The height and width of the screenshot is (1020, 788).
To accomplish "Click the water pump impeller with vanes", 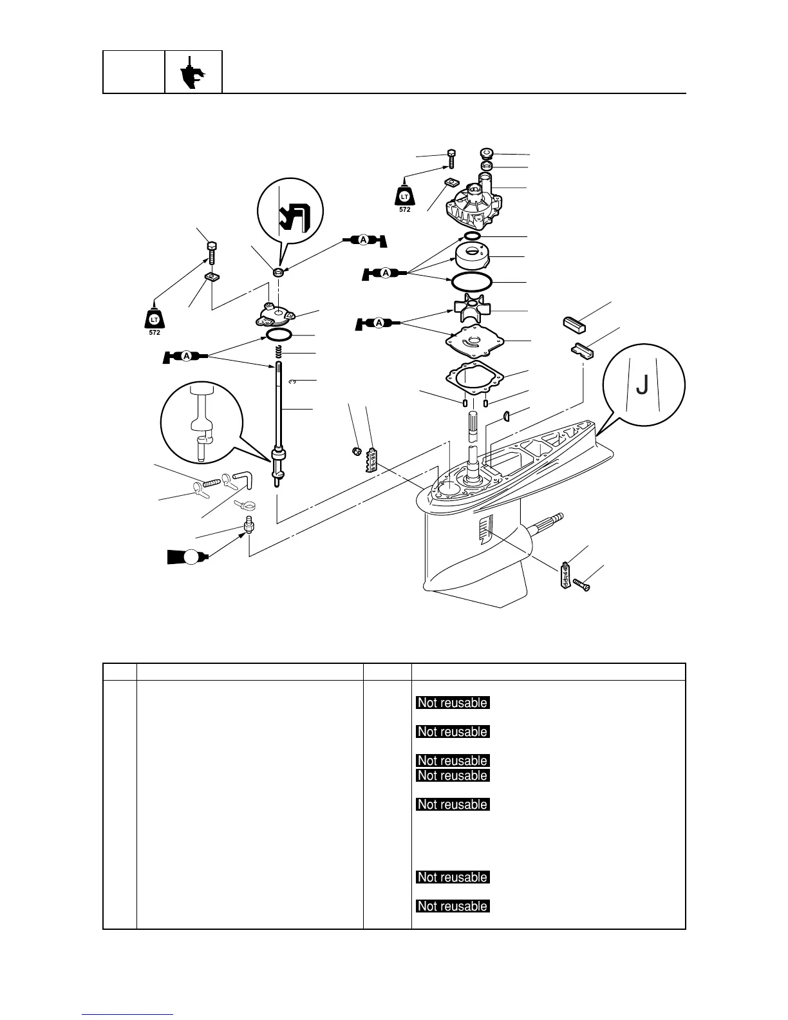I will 471,311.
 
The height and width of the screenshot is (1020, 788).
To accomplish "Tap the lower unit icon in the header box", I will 193,71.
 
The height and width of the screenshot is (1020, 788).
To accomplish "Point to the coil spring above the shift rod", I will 279,353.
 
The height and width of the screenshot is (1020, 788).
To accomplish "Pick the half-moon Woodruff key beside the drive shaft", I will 506,414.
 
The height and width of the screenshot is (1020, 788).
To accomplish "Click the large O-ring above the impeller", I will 471,281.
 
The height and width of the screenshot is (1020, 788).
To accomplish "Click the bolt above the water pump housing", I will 451,157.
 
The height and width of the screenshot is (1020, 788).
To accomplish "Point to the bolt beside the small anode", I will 581,585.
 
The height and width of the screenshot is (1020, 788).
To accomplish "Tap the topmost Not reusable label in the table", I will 453,703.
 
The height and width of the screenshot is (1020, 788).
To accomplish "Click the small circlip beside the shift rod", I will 292,382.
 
